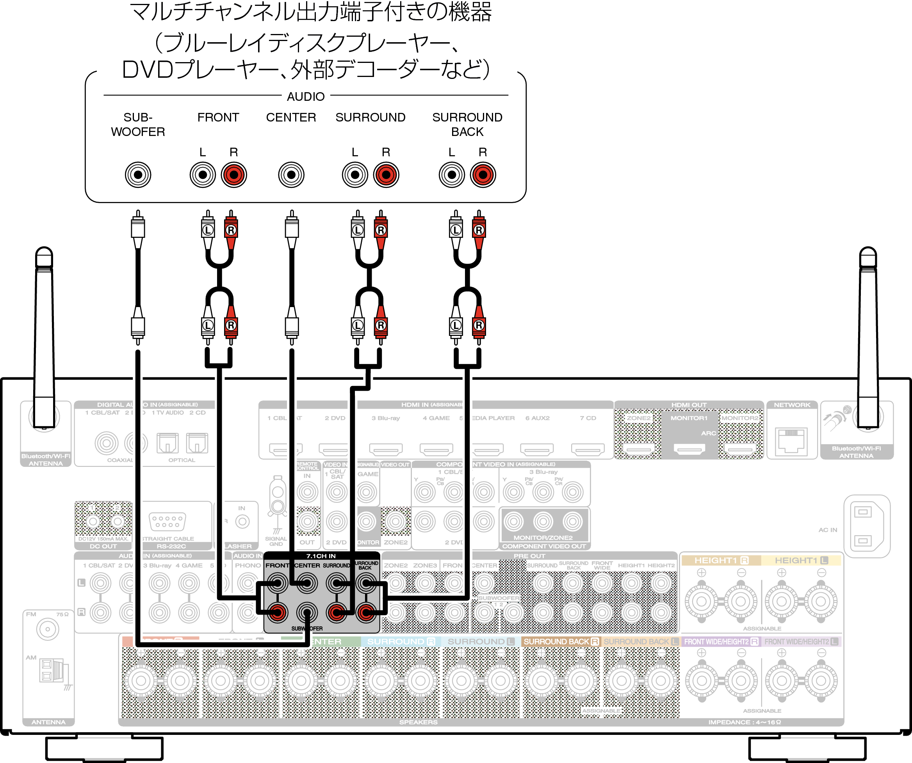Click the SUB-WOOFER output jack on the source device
[138, 175]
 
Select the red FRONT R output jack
[233, 175]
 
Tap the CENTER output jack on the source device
[291, 175]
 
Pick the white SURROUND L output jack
[355, 175]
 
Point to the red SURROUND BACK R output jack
[483, 175]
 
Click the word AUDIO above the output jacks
[305, 96]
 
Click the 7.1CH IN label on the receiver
[321, 556]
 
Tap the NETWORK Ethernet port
[792, 441]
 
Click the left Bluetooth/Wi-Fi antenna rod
[44, 339]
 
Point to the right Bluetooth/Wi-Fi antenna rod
[868, 339]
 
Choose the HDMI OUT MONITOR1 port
[689, 449]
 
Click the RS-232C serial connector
[167, 522]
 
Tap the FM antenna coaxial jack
[47, 629]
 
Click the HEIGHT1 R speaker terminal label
[721, 561]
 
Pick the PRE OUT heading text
[529, 556]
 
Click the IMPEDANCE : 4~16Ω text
[745, 722]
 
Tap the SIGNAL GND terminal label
[276, 541]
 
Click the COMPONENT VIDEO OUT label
[544, 546]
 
